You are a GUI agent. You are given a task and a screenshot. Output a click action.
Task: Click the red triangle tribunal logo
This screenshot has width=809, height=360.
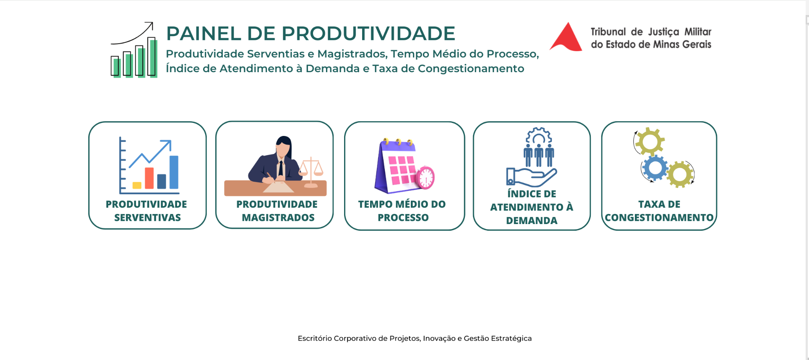click(x=566, y=38)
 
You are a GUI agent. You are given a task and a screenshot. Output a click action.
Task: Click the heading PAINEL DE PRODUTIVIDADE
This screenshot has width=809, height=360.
click(x=311, y=34)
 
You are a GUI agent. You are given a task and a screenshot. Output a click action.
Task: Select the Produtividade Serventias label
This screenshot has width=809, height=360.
click(x=147, y=211)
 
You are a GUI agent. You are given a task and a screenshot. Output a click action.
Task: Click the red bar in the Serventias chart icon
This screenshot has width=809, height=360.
click(x=149, y=178)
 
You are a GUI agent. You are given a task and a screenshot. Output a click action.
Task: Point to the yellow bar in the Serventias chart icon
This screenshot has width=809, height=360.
click(x=137, y=185)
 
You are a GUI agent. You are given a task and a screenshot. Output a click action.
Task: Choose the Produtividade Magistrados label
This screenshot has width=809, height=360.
click(x=277, y=211)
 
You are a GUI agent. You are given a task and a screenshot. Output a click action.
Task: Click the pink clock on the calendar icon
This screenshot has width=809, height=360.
click(x=425, y=178)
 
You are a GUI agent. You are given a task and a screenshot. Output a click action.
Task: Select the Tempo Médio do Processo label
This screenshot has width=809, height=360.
click(x=402, y=211)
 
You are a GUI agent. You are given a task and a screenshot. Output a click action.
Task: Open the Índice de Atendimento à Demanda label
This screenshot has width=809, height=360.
click(x=532, y=207)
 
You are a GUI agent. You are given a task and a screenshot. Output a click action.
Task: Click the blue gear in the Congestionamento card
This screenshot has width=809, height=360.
click(x=655, y=168)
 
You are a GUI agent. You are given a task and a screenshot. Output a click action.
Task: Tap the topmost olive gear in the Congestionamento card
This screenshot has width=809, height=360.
click(x=650, y=141)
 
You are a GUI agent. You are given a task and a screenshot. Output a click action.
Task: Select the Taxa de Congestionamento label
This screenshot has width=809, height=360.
click(x=659, y=211)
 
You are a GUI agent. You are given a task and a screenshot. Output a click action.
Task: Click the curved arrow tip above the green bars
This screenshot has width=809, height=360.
click(x=152, y=23)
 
